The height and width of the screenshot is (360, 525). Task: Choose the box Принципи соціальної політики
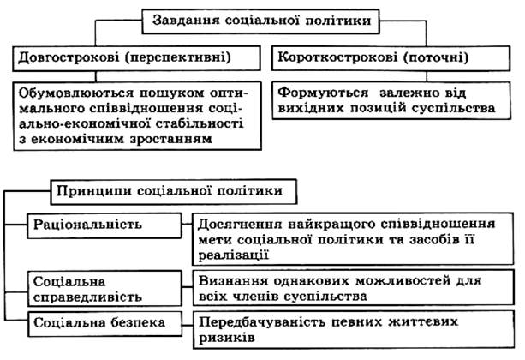[176, 190]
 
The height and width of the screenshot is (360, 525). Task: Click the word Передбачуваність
[264, 321]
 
